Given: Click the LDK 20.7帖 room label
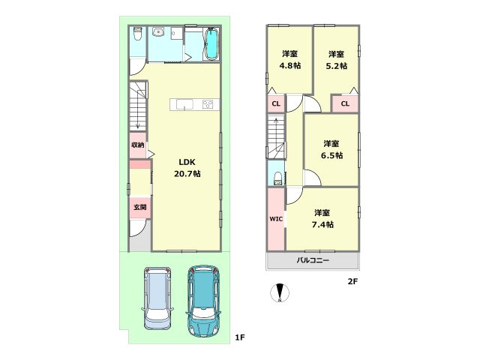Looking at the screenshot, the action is [x=187, y=168].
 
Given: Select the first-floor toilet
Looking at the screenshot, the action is [x=138, y=34].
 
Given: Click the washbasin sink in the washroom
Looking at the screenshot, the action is [x=158, y=31].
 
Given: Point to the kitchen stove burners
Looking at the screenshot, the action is [x=208, y=104].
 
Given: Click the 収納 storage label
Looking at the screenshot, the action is [x=138, y=145].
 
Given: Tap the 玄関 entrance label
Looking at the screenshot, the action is [x=140, y=207].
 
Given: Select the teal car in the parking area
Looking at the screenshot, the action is [x=202, y=301].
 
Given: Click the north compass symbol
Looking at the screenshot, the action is [x=280, y=293].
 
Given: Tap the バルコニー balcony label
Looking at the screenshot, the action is [x=313, y=261].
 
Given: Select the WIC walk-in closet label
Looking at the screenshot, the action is [x=276, y=219].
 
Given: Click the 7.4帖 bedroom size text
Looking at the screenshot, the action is [x=322, y=225].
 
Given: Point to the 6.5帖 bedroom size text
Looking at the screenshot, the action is [x=331, y=155].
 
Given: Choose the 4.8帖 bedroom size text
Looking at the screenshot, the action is [x=290, y=66].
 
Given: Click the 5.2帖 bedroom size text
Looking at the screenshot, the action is [x=337, y=66].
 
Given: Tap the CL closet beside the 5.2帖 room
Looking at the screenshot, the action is [x=345, y=103].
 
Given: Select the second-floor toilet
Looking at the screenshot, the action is [x=277, y=178].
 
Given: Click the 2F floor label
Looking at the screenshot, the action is [x=352, y=281].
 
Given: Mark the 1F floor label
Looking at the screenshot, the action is [x=240, y=337].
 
